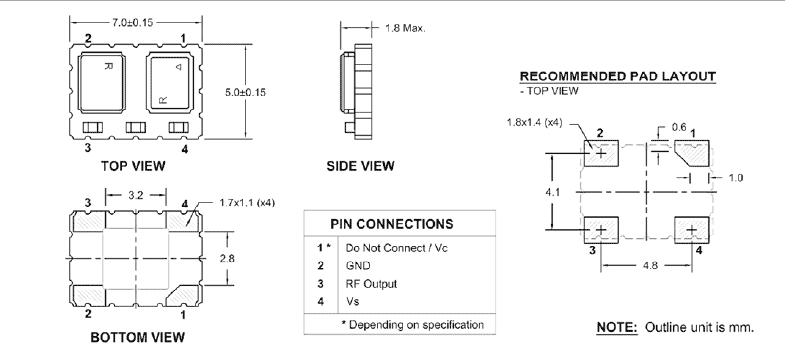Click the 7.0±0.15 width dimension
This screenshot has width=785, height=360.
[x=136, y=21]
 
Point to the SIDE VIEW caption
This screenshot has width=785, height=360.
[x=360, y=167]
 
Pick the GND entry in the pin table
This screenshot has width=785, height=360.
[x=358, y=265]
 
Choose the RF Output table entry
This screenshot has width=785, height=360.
[x=373, y=283]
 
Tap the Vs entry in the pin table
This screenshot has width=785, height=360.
[x=352, y=301]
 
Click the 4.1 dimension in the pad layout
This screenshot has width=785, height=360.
[x=552, y=189]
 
